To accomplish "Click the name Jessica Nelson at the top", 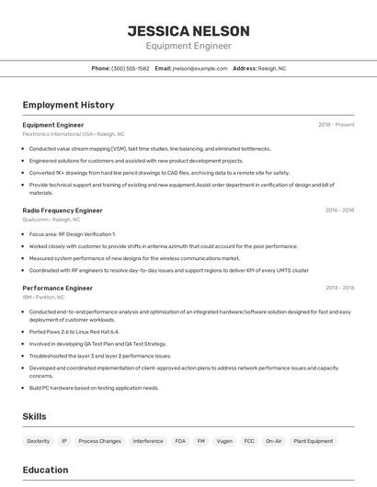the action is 188,30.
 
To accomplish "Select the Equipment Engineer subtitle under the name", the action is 188,46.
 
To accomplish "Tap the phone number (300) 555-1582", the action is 130,68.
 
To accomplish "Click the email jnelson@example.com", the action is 200,68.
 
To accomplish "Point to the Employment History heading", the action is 68,105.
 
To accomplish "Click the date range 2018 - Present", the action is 336,124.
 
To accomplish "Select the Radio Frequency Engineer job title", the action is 63,210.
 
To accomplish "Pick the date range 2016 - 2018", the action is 339,210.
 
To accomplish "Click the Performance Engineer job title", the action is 58,288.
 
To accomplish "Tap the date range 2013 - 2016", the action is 339,288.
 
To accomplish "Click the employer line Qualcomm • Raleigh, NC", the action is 51,220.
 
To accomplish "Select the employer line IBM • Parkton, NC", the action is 43,297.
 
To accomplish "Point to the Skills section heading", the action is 34,416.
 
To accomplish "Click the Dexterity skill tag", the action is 39,441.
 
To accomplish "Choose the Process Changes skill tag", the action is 99,441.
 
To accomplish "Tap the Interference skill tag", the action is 148,441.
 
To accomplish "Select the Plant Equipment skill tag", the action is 314,441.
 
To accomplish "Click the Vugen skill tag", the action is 223,441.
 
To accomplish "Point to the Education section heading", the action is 46,470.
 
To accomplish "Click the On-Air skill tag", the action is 274,441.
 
